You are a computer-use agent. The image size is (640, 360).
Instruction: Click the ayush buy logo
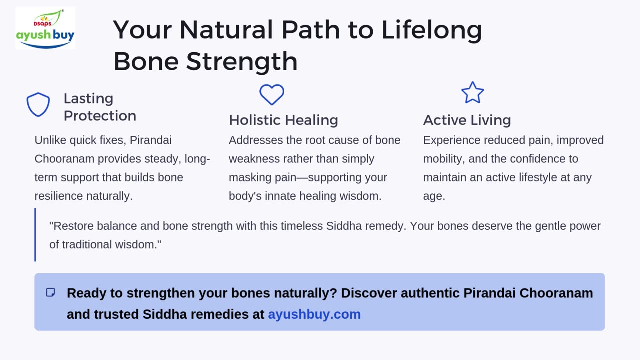(x=45, y=28)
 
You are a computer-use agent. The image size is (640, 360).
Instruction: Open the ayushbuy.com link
(x=314, y=314)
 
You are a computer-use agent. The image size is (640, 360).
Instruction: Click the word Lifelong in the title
(x=432, y=30)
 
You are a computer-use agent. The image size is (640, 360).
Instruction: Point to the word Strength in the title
(x=242, y=61)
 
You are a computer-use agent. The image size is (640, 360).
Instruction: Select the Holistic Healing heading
(x=283, y=120)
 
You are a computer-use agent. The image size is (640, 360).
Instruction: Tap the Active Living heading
(x=467, y=120)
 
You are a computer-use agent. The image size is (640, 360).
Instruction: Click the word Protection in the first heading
(x=100, y=116)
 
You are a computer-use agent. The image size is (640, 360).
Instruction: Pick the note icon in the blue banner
(x=51, y=292)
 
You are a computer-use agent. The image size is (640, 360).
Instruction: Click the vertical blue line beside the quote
(x=35, y=235)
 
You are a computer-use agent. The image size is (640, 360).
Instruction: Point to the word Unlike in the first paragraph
(x=50, y=140)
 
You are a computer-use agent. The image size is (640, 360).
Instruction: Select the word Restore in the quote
(x=73, y=226)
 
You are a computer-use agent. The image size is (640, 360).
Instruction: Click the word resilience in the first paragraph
(x=58, y=196)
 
